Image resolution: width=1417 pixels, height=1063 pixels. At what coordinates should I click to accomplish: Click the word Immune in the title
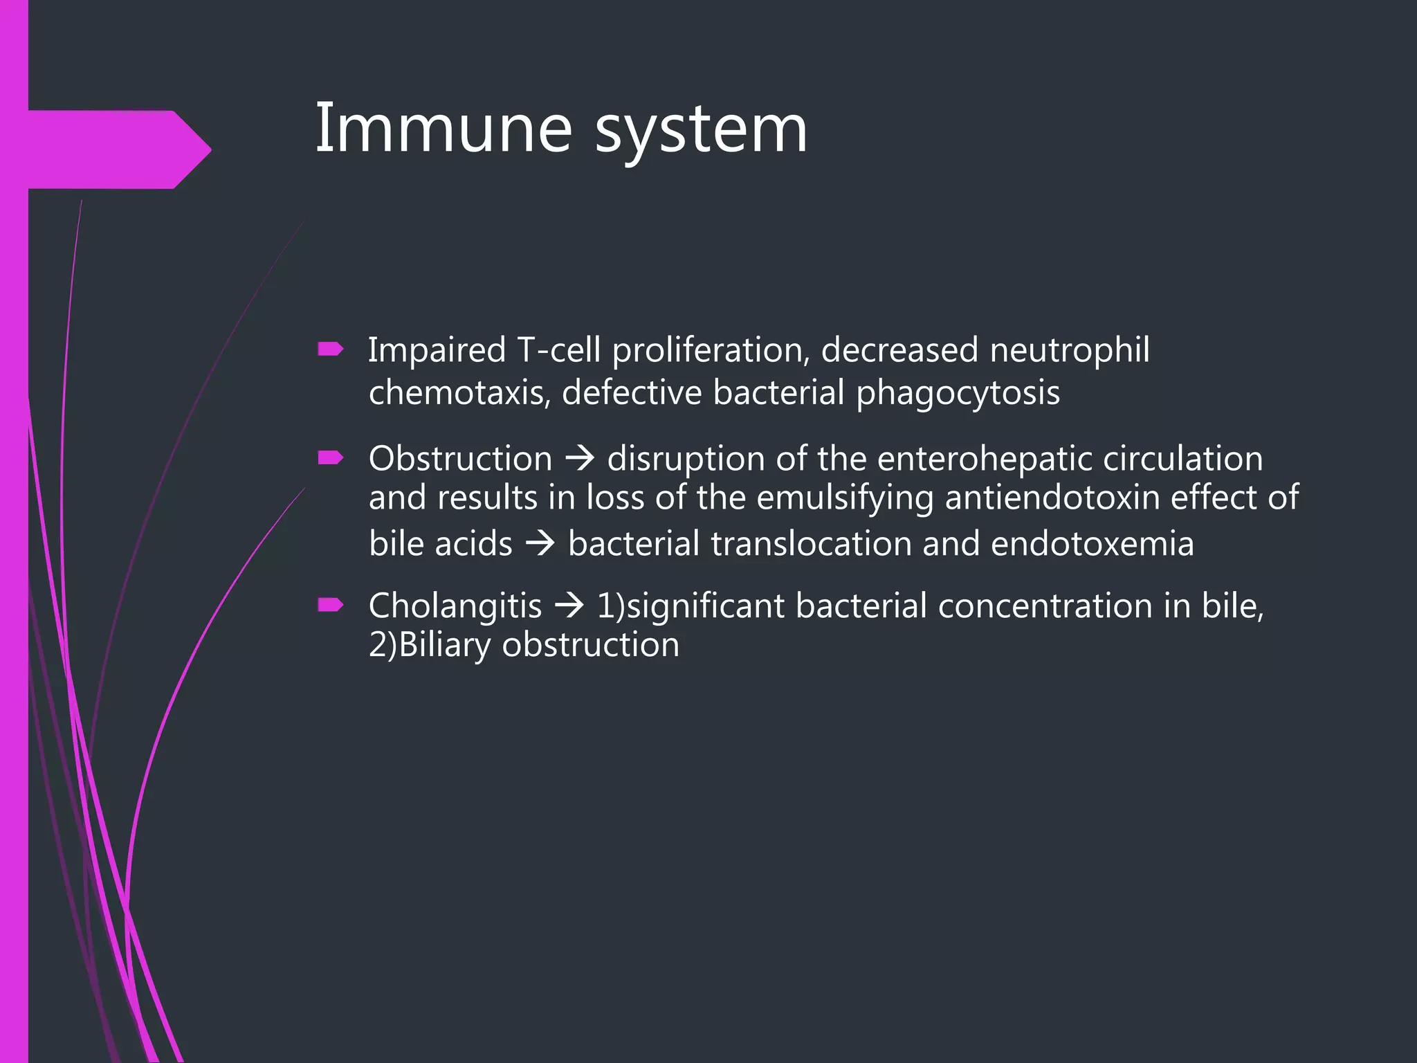[x=443, y=129]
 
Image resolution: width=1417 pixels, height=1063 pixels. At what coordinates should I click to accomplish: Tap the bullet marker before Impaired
[x=330, y=349]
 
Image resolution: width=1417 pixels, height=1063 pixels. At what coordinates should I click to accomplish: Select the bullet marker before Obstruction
[x=330, y=457]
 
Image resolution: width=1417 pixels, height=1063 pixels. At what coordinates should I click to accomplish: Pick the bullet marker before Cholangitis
[x=330, y=606]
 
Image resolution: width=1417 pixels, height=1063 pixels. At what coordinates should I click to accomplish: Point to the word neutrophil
[x=1069, y=350]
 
